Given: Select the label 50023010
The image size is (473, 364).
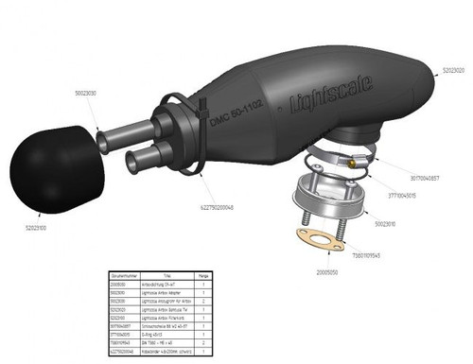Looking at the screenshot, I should pyautogui.click(x=389, y=224).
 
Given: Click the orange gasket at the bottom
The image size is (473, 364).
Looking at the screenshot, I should pyautogui.click(x=321, y=234).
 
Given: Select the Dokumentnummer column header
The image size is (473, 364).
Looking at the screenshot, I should pyautogui.click(x=123, y=275).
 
